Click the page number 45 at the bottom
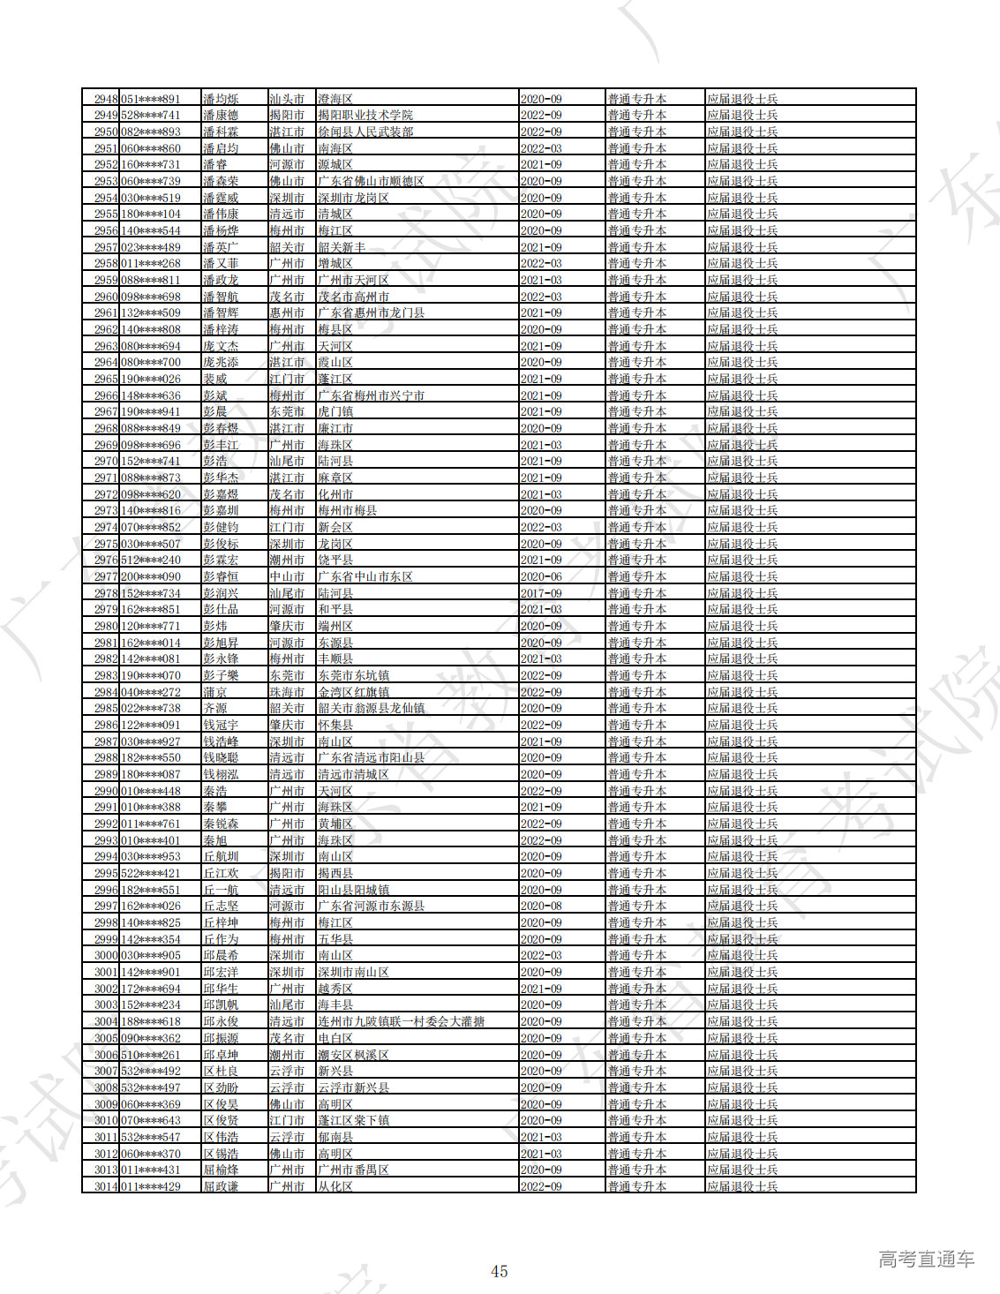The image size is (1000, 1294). coord(499,1271)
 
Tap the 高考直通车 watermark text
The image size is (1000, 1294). coord(926,1260)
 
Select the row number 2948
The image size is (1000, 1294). coord(106,99)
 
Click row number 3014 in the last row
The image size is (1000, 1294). coord(106,1186)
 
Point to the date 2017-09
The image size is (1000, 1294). coord(541,593)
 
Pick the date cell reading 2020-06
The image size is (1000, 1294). coord(541,576)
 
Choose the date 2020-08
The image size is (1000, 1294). coord(541,906)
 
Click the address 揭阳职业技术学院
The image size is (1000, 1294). coord(365,115)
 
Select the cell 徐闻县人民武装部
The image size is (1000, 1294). coord(365,132)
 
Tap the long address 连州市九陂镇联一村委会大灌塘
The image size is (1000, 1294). coord(402,1021)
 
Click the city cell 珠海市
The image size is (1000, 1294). coord(287,692)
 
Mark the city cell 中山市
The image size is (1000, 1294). coord(287,576)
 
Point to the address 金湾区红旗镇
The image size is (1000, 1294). coord(353,692)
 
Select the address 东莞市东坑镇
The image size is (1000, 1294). coord(353,675)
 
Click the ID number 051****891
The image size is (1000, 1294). coord(150,99)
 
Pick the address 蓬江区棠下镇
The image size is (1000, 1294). coord(353,1120)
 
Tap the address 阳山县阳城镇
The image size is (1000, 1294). coord(353,890)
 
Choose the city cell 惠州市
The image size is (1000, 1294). coord(287,312)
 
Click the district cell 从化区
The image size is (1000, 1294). coord(335,1186)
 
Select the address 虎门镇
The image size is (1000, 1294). coord(335,411)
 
